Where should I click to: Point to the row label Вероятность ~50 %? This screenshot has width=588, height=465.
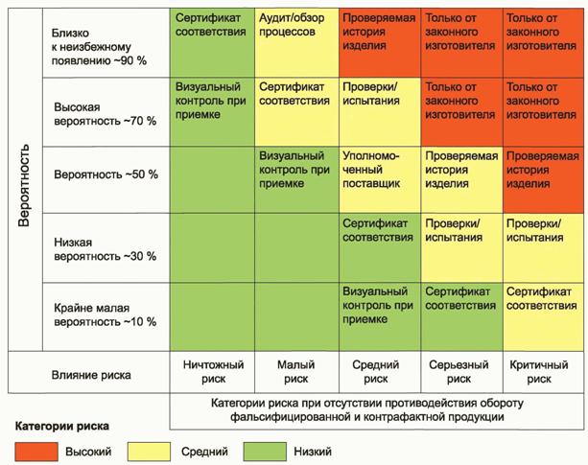(106, 174)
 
